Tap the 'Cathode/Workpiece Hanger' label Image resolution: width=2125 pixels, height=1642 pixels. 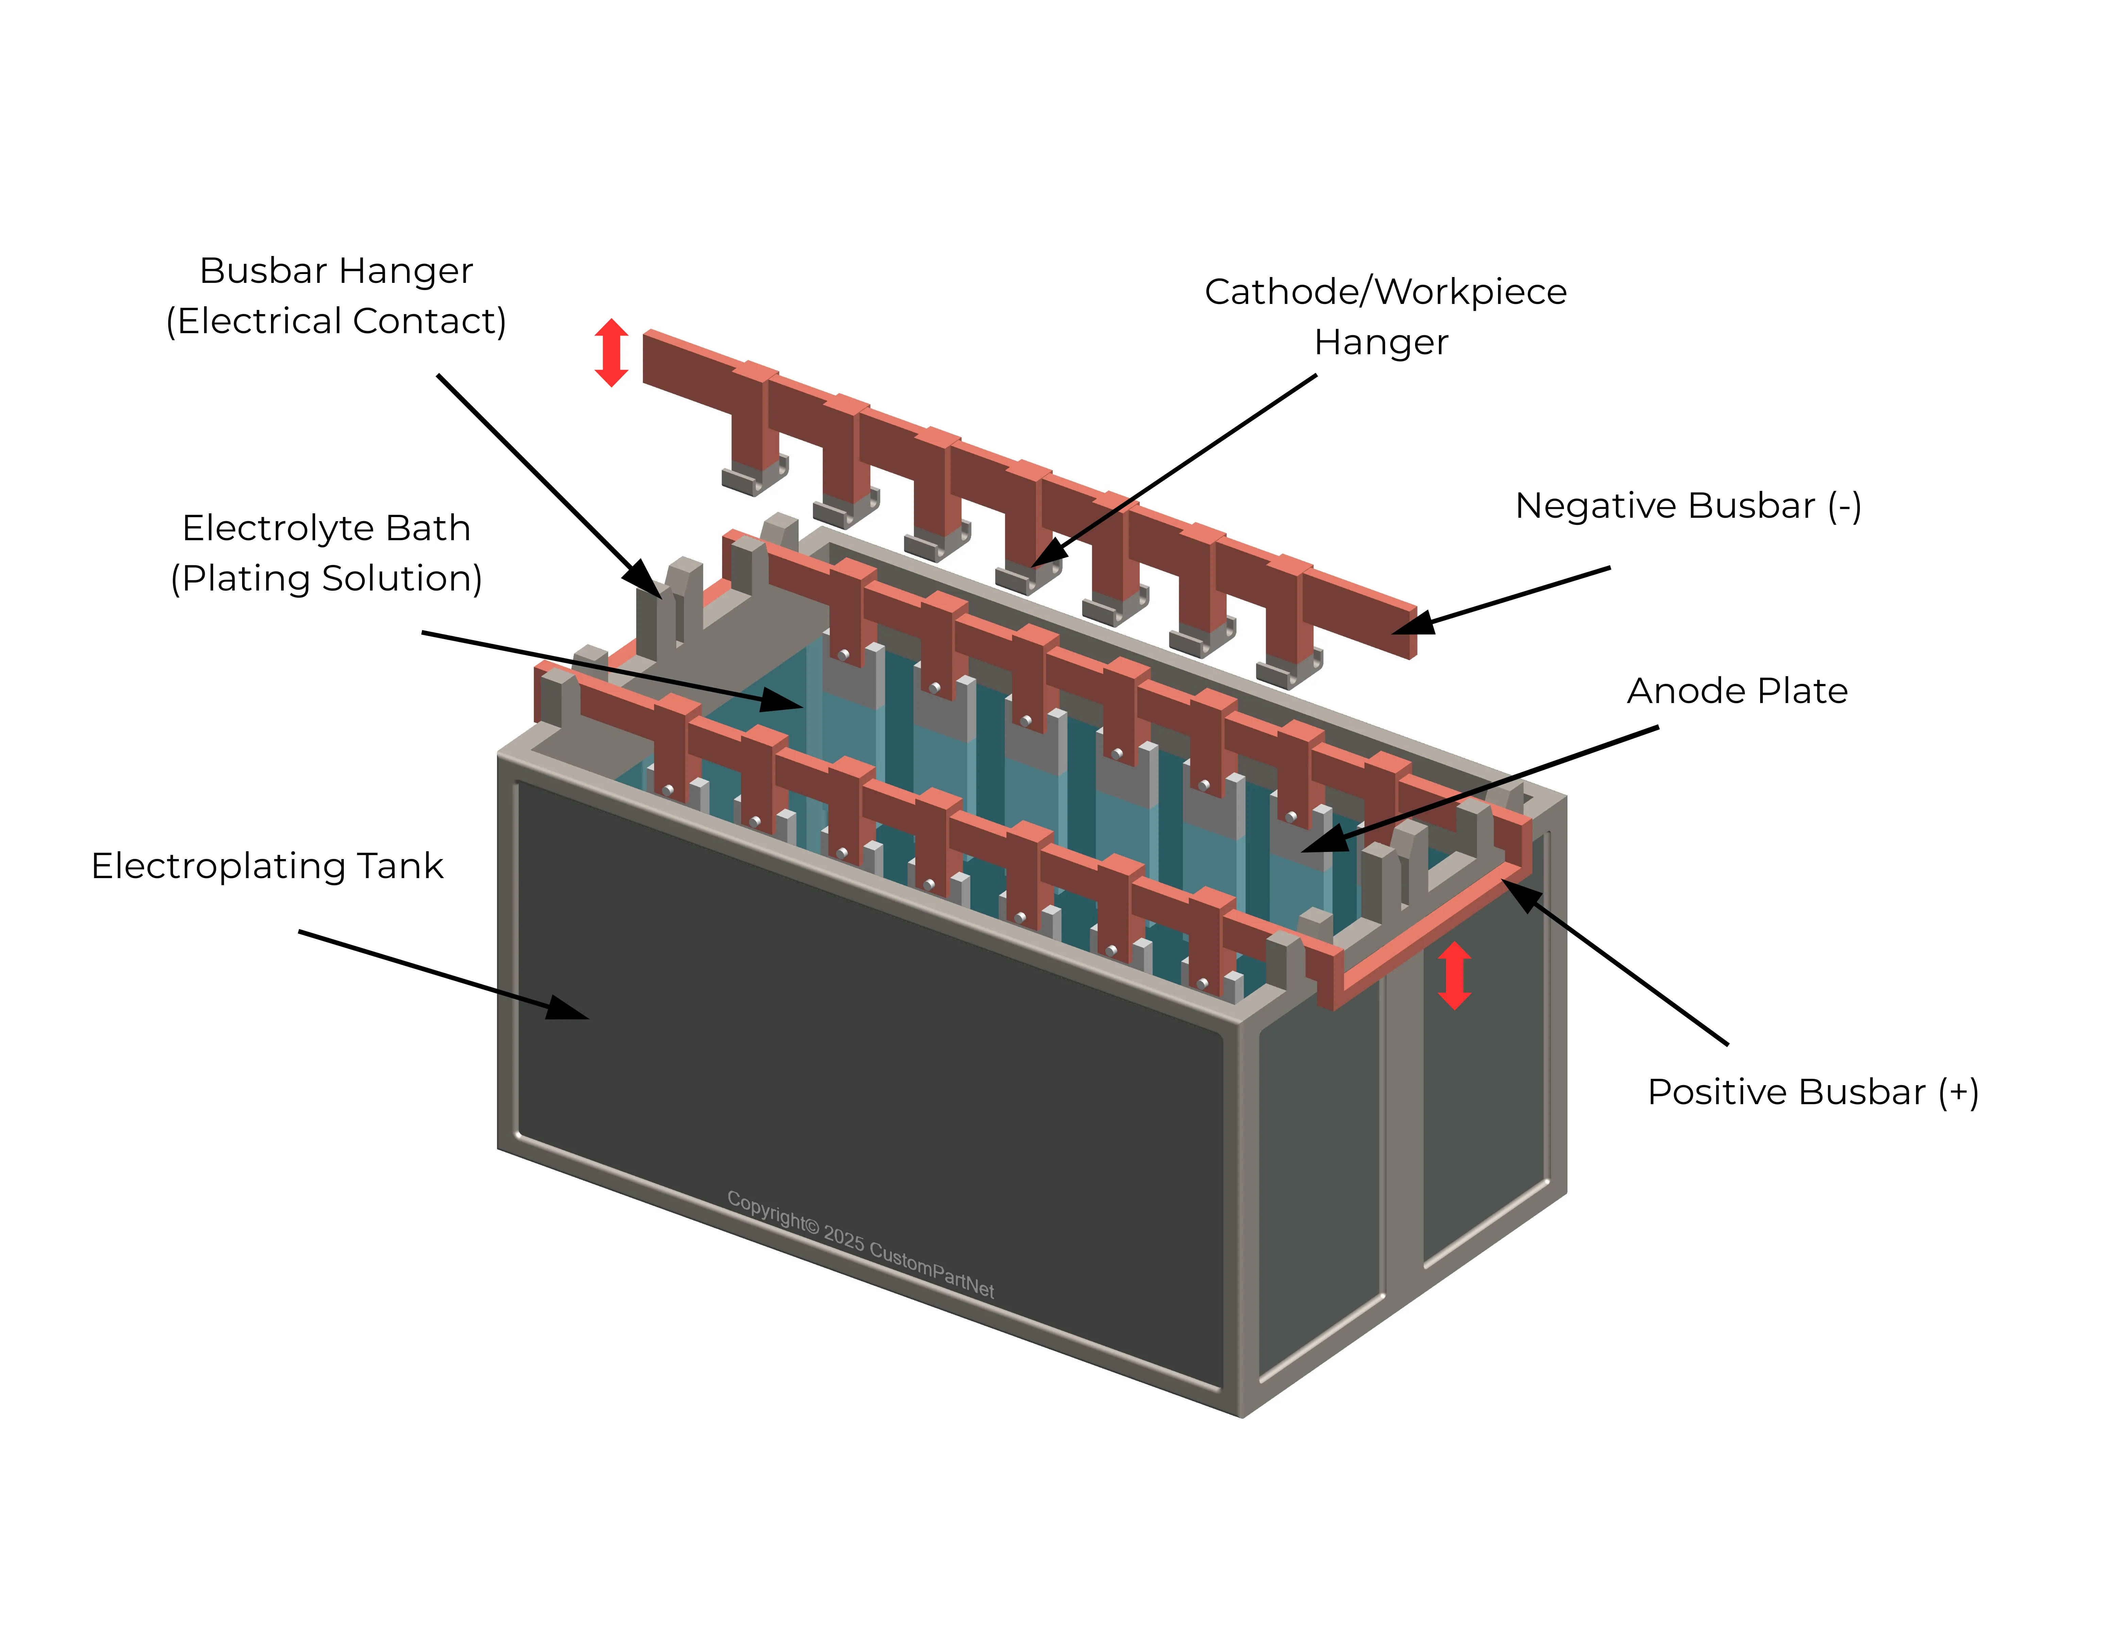[1384, 316]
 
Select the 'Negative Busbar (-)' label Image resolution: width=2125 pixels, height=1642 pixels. [1688, 506]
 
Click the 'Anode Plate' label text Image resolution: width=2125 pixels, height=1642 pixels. [1737, 691]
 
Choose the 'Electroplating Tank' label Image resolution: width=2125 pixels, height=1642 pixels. [268, 866]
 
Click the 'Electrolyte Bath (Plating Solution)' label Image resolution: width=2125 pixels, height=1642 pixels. [326, 552]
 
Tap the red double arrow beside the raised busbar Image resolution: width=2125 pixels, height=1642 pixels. [611, 352]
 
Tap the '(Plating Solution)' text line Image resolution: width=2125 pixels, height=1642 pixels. [326, 578]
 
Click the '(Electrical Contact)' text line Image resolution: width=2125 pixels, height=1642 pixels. [336, 321]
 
